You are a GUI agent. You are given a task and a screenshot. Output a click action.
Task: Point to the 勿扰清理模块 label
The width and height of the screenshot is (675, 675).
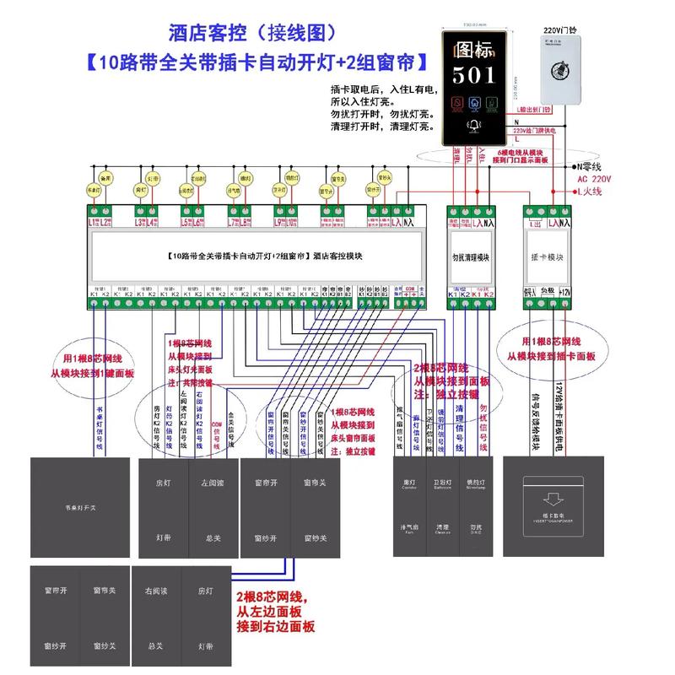[x=470, y=254]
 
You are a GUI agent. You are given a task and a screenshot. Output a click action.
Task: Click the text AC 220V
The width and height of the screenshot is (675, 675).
[x=594, y=180]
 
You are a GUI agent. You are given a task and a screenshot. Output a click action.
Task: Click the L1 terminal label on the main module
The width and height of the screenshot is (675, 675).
[x=94, y=223]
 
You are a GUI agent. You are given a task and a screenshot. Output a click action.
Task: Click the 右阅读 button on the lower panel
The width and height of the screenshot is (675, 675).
[x=154, y=592]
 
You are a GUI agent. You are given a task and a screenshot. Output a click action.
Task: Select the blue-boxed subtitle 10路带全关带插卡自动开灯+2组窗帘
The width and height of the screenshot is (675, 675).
[x=257, y=62]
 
